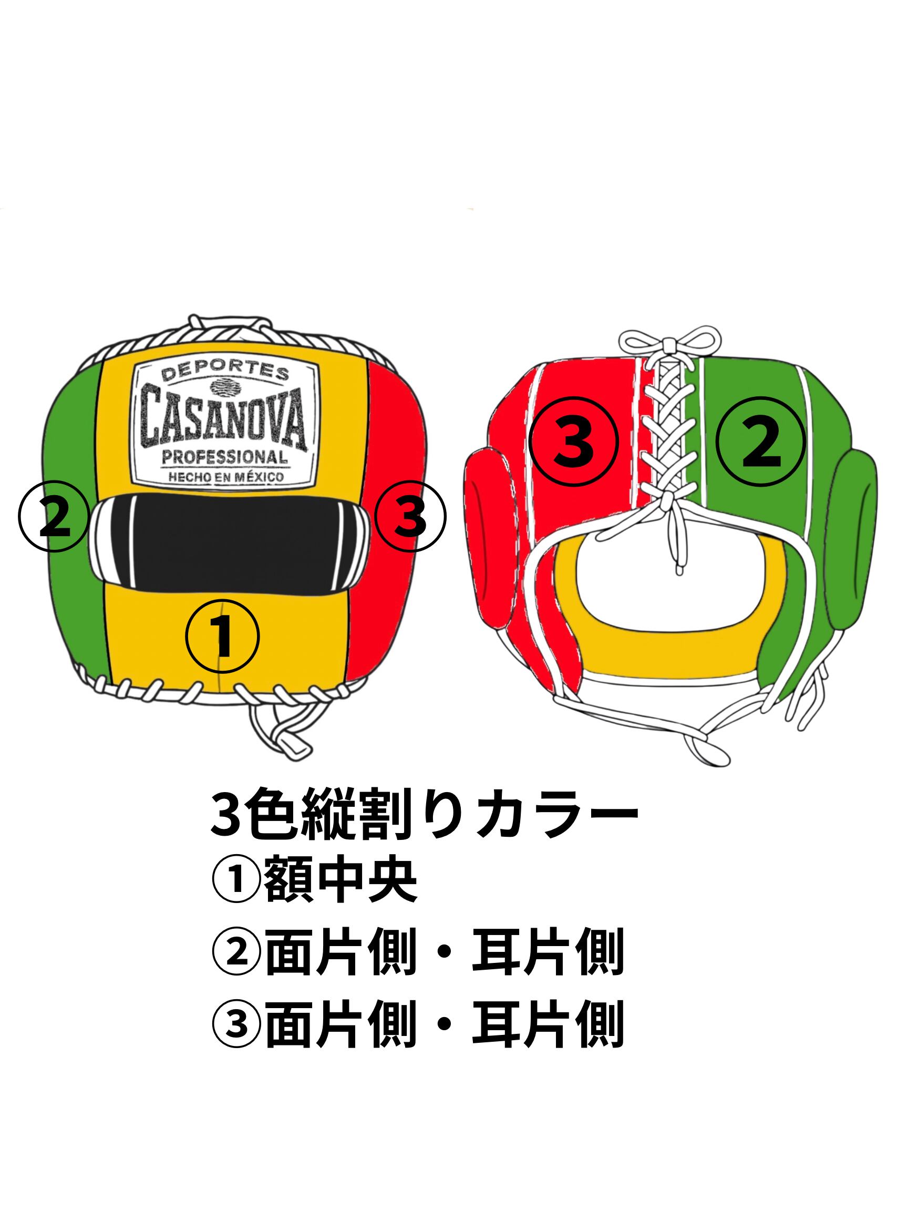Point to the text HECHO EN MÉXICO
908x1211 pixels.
pos(225,477)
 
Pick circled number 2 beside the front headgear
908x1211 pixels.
pos(54,516)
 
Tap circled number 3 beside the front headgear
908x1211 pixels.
pos(410,516)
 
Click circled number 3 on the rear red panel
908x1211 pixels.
pos(574,442)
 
